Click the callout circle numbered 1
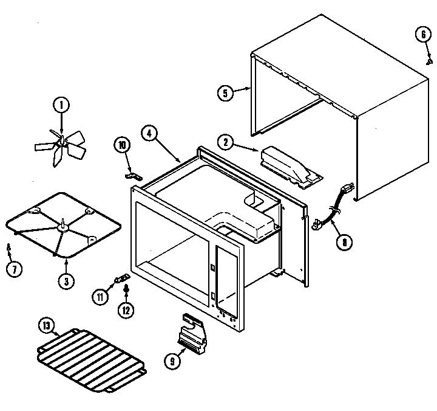pyautogui.click(x=61, y=105)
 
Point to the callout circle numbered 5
pyautogui.click(x=225, y=92)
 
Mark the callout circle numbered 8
pyautogui.click(x=344, y=242)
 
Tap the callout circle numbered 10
pyautogui.click(x=122, y=146)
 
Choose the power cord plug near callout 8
pyautogui.click(x=316, y=226)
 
